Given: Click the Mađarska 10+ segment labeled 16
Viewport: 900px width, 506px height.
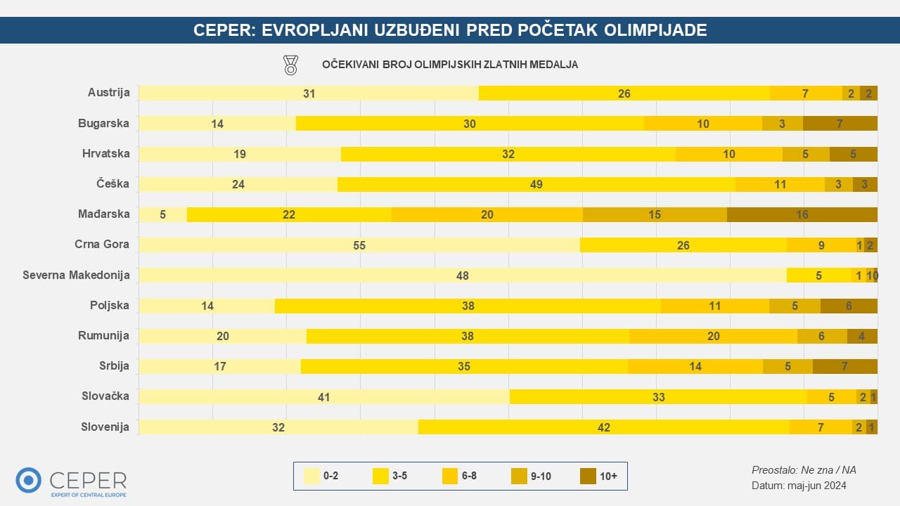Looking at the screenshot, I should point(802,214).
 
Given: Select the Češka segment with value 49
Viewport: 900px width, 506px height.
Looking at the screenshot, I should point(536,184).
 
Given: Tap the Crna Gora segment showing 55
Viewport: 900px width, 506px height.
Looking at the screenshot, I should point(359,245).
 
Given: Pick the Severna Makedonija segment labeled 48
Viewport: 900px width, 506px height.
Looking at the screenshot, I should point(462,275).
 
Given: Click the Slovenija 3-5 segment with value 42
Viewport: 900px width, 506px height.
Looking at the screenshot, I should point(603,427).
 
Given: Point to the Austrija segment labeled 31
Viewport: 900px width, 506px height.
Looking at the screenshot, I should point(309,93).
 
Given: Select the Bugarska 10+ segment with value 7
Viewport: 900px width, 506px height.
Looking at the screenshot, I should point(840,124).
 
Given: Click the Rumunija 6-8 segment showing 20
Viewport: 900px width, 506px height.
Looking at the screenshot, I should point(713,336).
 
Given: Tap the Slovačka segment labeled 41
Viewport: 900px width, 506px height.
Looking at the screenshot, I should point(323,396).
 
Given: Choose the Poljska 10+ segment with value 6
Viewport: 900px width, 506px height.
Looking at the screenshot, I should point(849,306).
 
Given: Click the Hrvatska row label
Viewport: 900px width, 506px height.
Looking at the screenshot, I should point(105,153).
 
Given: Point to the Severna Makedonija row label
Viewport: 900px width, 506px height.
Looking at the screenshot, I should point(77,275).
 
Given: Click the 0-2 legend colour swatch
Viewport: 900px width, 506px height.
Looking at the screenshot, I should point(310,476).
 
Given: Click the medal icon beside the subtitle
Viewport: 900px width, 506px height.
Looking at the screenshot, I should point(290,65).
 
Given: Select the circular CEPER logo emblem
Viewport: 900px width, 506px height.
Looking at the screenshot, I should point(29,480).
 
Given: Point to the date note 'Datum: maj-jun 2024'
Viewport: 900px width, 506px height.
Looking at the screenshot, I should point(799,485).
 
